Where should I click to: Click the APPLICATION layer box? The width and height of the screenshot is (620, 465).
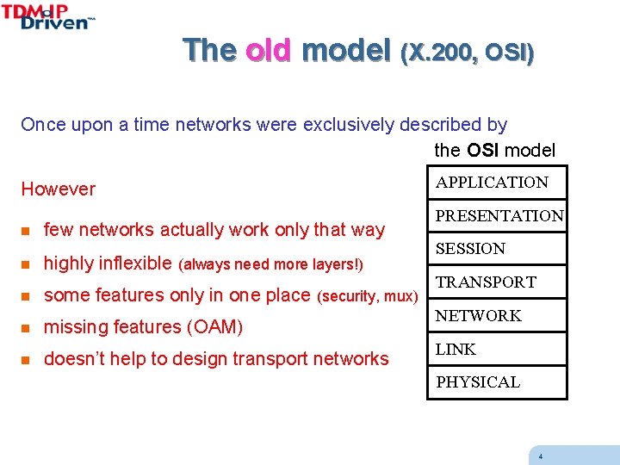pos(497,183)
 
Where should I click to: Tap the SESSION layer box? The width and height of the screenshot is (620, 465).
pos(497,249)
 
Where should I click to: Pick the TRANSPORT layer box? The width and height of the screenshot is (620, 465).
pos(497,282)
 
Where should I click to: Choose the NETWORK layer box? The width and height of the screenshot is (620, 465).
pos(497,316)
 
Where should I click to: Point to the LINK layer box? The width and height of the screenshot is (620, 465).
pos(497,350)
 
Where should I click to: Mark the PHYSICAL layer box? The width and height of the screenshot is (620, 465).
pos(497,382)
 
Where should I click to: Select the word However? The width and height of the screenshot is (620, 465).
pos(59,189)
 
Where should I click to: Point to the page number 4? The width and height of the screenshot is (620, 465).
pos(540,456)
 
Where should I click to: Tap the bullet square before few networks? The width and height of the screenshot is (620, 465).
pos(27,230)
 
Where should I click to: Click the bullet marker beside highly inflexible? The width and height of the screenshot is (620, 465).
pos(27,263)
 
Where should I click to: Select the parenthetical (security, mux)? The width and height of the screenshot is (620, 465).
pos(368,296)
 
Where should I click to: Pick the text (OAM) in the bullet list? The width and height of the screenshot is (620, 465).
pos(214,327)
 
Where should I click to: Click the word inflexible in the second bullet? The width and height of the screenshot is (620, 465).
pos(133,263)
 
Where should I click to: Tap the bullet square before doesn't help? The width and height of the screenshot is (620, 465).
pos(27,360)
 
